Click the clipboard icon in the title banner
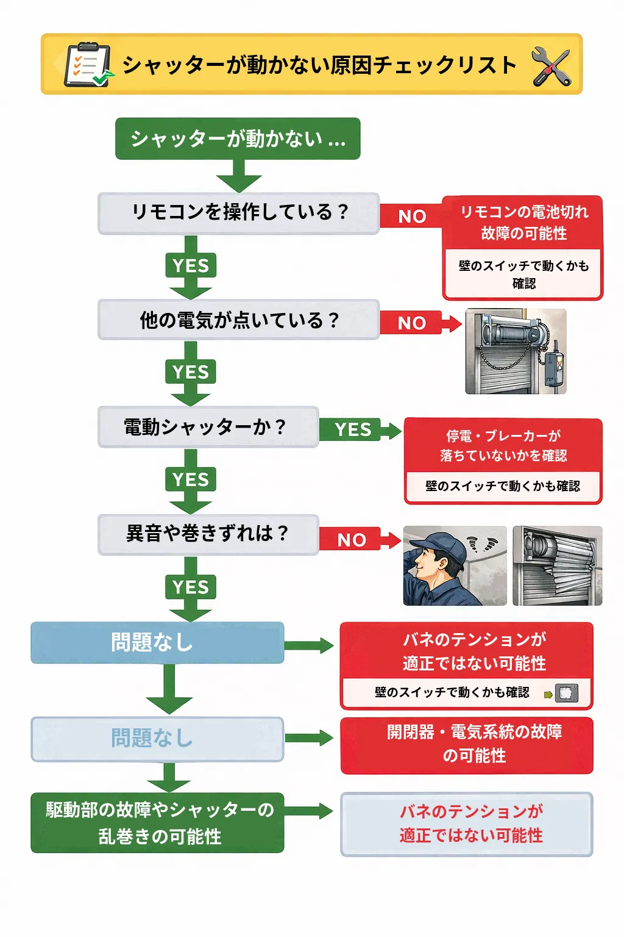pos(88,65)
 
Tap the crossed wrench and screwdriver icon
pos(551,66)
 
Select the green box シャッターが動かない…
pos(238,138)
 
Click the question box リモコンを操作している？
pos(239,214)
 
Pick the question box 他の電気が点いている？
pos(239,320)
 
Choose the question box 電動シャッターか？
pos(208,427)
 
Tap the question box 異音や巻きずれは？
pos(208,534)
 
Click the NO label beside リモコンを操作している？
pos(412,217)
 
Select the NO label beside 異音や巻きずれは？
pos(352,540)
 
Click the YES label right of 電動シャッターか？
pos(353,429)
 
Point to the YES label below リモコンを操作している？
pos(191,265)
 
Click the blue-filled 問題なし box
pos(158,642)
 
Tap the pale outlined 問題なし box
pos(158,739)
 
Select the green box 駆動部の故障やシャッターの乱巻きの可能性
pos(158,823)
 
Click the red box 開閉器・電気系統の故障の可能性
pos(467,746)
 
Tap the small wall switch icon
pos(566,693)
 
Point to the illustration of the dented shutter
pos(558,565)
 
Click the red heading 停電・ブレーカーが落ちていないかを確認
pos(503,446)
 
